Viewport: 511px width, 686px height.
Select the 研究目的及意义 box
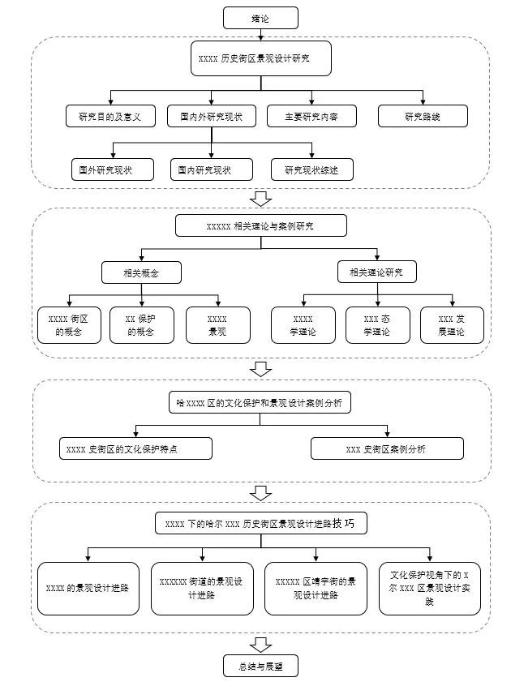110,117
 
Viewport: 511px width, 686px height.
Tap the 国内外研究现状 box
211,117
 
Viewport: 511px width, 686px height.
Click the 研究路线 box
423,117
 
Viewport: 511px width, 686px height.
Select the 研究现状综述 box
311,169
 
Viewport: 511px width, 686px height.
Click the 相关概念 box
141,272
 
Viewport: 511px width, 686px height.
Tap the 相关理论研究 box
377,272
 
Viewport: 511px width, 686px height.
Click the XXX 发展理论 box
450,325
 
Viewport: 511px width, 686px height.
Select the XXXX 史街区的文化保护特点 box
136,449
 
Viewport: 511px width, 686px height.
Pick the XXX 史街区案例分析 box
387,449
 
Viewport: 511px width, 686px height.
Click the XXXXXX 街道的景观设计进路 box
202,589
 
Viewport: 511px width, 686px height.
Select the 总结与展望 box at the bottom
260,667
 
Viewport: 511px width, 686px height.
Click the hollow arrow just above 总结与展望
260,645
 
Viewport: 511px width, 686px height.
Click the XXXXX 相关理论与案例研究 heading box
260,225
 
